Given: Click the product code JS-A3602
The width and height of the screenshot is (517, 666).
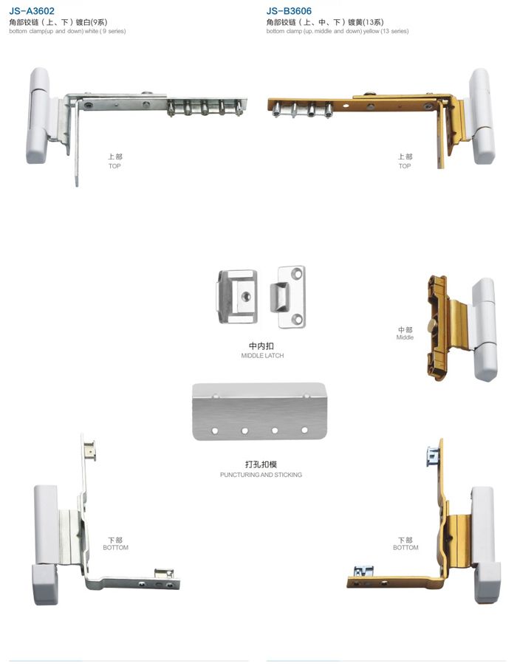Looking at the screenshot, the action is (x=32, y=10).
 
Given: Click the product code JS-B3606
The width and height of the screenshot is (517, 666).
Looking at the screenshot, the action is (x=289, y=10).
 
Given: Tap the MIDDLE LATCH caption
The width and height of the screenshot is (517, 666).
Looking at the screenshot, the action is (x=262, y=355).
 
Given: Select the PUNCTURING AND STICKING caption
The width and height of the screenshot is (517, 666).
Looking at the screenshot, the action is (x=261, y=475).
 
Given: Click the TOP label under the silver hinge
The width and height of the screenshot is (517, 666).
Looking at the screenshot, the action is (x=114, y=166).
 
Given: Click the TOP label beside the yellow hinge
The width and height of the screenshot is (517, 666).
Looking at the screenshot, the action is (x=405, y=166).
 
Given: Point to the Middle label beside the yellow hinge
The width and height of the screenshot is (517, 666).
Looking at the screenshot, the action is (x=405, y=337).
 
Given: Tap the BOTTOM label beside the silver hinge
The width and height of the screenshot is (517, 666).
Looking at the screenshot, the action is (x=115, y=548).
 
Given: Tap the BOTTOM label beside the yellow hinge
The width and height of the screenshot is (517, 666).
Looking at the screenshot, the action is (x=405, y=548).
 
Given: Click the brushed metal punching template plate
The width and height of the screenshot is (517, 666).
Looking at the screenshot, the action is (x=259, y=411).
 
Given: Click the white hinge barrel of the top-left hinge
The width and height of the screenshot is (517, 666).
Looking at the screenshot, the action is (x=38, y=115).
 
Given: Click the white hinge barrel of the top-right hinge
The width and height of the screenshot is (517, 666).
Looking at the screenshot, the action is (x=482, y=115).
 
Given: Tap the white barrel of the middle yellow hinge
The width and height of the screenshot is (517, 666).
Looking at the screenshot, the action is (x=485, y=329).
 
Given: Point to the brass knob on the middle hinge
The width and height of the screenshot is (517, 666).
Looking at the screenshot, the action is (x=433, y=326).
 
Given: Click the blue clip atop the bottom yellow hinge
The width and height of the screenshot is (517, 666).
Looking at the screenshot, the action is (x=433, y=456).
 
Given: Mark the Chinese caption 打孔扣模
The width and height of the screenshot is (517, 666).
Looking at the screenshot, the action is (x=261, y=464).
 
